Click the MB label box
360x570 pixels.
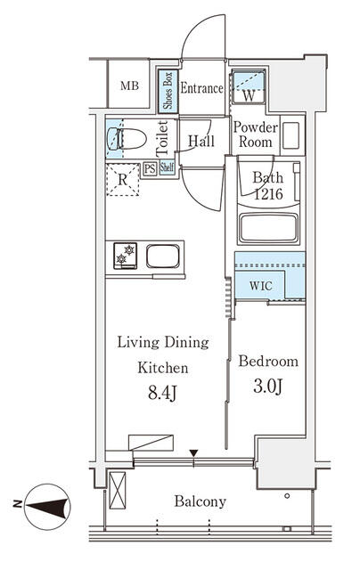[x=129, y=86]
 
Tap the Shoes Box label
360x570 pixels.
[x=166, y=89]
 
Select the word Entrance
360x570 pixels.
[x=201, y=88]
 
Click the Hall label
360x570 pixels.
[x=200, y=140]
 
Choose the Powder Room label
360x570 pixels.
[x=256, y=134]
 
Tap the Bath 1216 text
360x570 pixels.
[x=266, y=184]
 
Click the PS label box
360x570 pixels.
[x=150, y=167]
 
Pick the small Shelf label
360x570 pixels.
[x=167, y=167]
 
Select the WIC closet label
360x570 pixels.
[x=261, y=286]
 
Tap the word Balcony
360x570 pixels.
[x=200, y=501]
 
